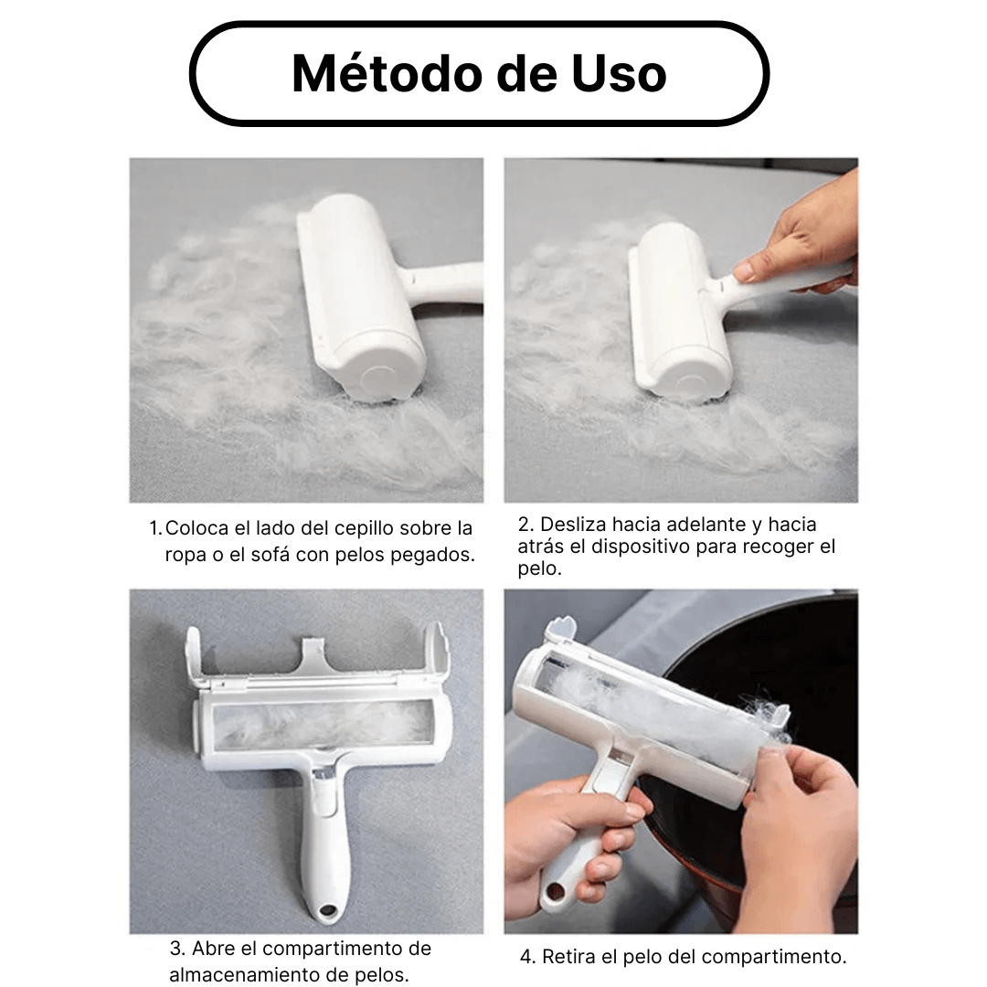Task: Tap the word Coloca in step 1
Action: pos(196,528)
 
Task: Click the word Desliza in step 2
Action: pos(573,524)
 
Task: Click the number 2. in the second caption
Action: pos(525,524)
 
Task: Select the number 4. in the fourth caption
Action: pos(527,957)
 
